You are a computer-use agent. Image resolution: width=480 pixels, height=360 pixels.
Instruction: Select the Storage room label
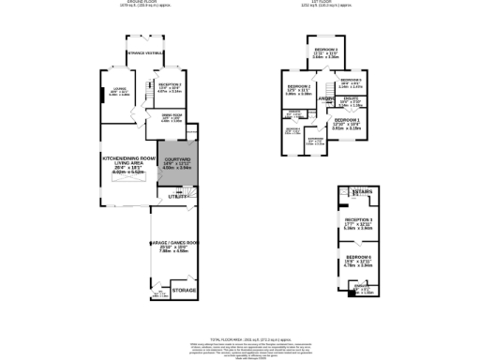click(185, 292)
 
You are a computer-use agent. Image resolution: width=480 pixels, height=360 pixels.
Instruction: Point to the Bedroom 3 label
click(326, 52)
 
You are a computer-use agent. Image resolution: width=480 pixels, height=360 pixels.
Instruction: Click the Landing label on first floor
click(325, 98)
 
